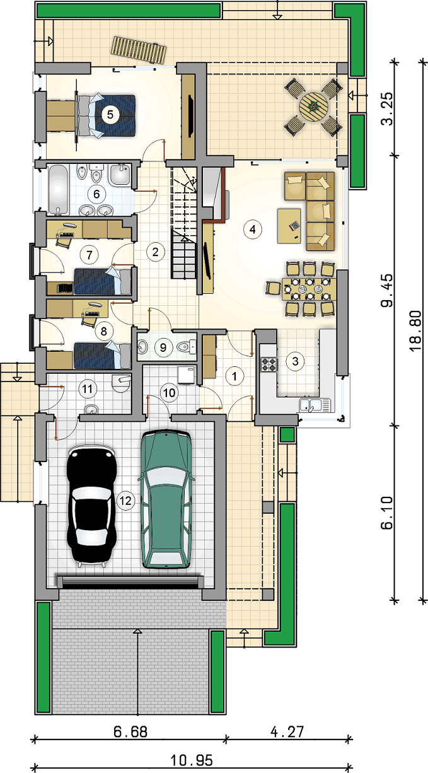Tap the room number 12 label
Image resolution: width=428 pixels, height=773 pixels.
point(125,501)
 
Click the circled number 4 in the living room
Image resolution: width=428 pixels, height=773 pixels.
point(253,229)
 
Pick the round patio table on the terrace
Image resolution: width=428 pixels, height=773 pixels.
point(313,107)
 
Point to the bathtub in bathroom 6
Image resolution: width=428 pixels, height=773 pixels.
point(58,189)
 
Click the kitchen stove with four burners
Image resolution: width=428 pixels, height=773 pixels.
point(269,364)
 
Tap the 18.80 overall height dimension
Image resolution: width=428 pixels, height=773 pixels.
point(416,330)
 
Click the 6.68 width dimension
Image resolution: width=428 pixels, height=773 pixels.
point(130,731)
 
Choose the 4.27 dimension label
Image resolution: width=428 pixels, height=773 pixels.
point(287,731)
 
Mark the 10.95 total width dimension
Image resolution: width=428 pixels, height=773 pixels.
point(192,760)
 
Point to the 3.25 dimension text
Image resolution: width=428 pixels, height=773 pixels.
point(387,108)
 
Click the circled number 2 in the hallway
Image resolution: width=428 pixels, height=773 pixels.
point(155,252)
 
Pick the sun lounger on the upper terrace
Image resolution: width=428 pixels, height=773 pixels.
point(139,50)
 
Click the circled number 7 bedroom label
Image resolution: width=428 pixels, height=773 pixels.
point(90,255)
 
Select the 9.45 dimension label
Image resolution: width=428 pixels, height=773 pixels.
point(387,290)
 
